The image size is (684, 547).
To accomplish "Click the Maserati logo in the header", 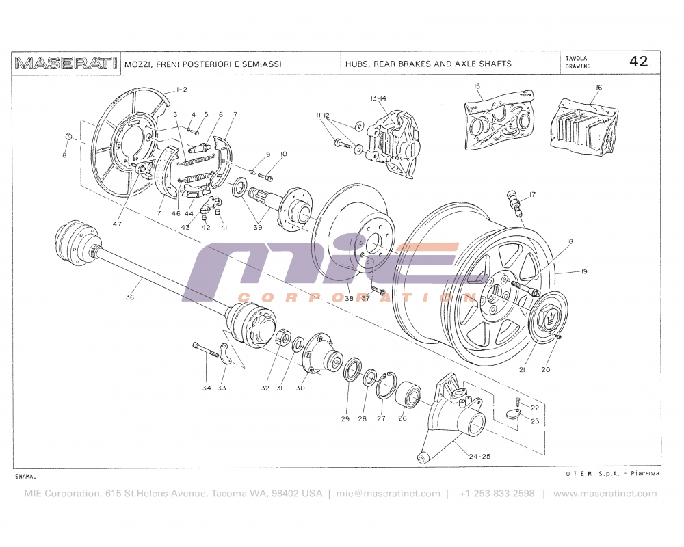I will [66, 64].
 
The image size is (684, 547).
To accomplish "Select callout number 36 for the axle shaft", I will [130, 297].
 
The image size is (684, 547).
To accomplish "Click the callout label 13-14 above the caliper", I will [378, 99].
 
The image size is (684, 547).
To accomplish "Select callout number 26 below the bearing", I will [402, 418].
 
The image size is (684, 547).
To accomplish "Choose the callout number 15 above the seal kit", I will [477, 86].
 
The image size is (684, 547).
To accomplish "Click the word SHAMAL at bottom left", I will [25, 475].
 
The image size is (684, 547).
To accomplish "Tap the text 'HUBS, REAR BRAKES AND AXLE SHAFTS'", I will [428, 64].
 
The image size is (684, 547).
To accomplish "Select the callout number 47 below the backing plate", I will [117, 224].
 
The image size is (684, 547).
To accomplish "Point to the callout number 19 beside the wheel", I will [584, 271].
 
